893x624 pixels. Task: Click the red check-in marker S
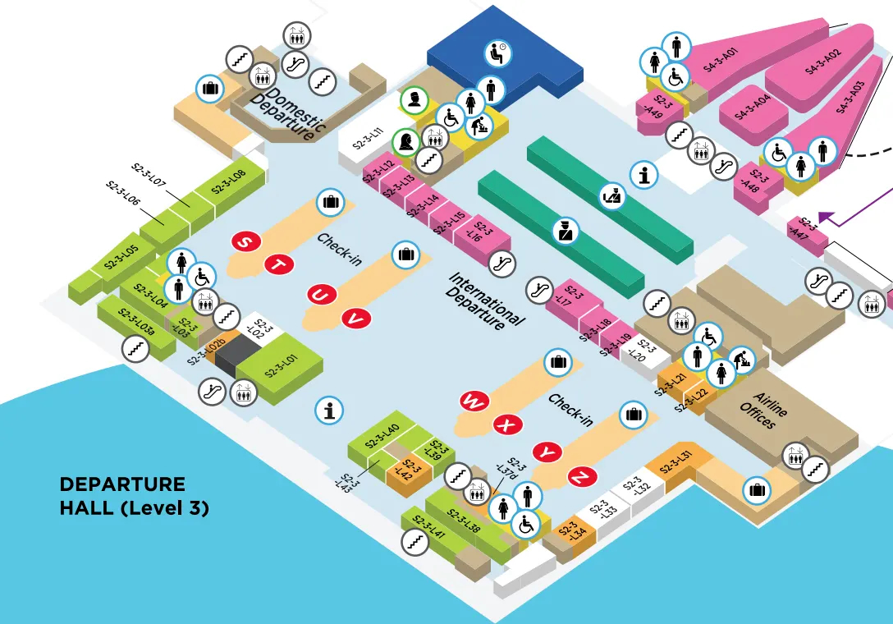coord(245,242)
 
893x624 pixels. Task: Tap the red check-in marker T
coord(278,264)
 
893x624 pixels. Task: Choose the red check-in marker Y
coord(548,451)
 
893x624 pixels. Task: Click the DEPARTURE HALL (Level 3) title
coord(134,496)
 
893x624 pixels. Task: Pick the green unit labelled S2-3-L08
coord(229,183)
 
